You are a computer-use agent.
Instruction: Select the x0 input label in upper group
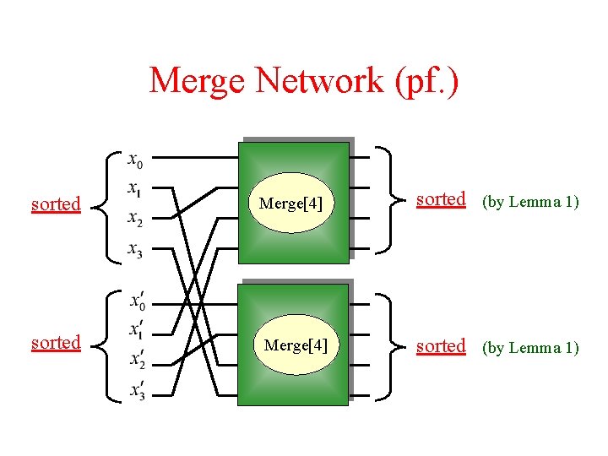[x=134, y=159]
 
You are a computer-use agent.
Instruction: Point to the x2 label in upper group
[x=134, y=219]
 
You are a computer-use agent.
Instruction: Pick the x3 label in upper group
[x=134, y=249]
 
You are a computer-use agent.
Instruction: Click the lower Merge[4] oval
[x=295, y=345]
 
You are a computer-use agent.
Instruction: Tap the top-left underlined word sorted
[x=56, y=204]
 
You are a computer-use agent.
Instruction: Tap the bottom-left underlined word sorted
[x=56, y=343]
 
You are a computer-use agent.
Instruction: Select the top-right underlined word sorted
[x=441, y=199]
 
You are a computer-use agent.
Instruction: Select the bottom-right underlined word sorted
[x=441, y=346]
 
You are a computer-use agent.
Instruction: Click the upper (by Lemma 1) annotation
[x=530, y=202]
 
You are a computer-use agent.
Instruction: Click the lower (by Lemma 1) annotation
[x=530, y=347]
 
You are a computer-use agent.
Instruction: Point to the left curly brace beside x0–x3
[x=104, y=203]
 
